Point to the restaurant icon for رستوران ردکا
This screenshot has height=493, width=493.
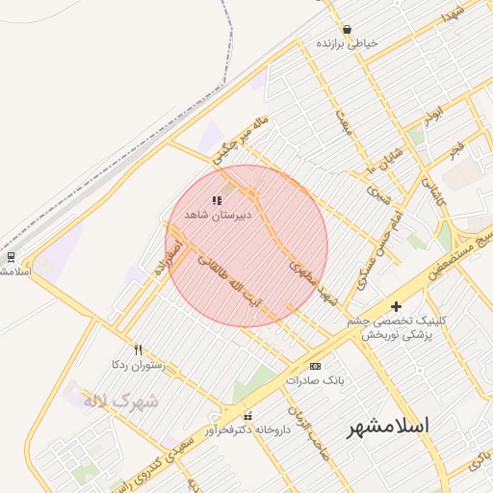tap(139, 350)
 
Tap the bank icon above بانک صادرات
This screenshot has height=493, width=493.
tap(315, 366)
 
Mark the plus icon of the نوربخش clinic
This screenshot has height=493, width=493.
tap(396, 306)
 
